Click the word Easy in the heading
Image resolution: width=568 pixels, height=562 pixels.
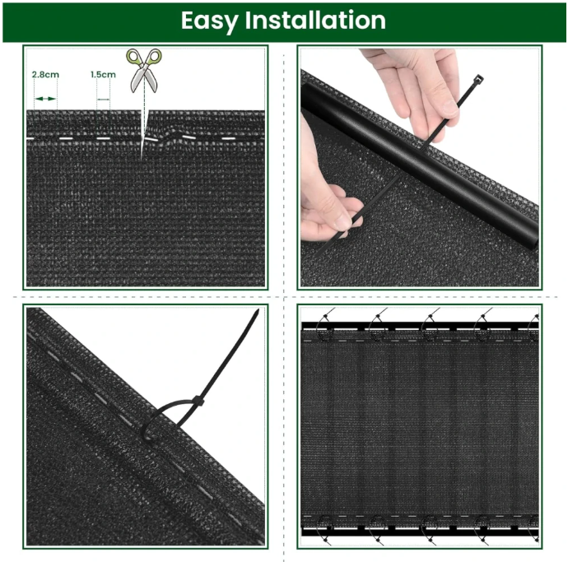209,21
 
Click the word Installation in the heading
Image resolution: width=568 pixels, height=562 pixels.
315,20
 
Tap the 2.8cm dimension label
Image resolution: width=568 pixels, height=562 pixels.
45,75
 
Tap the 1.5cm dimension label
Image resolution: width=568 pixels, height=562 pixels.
103,75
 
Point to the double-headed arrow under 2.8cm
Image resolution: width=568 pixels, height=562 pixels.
45,99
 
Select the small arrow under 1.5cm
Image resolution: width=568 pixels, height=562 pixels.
104,99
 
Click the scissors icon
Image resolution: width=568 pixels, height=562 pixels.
144,71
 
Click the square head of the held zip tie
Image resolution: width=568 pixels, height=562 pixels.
478,78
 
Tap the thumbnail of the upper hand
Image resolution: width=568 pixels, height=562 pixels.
449,107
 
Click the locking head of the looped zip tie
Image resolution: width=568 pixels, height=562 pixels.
198,402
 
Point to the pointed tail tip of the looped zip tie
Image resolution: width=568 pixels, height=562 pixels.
258,310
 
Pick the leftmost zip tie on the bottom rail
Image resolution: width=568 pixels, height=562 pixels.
324,529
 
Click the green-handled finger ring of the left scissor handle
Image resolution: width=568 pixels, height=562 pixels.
133,57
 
